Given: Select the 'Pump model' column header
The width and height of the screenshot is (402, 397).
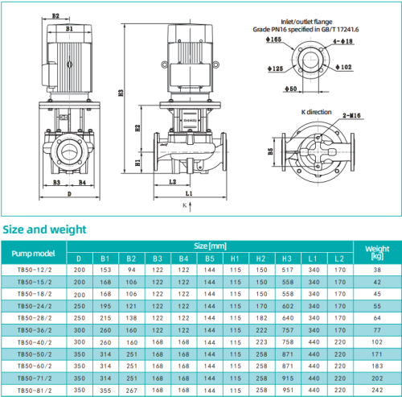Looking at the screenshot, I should [x=33, y=252].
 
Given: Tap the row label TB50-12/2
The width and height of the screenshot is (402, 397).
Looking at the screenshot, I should [x=33, y=271].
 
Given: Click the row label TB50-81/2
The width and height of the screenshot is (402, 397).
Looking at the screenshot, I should [x=33, y=390].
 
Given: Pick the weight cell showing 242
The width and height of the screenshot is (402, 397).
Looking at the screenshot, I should [x=377, y=390].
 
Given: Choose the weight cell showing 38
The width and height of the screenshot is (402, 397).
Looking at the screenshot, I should [x=377, y=271].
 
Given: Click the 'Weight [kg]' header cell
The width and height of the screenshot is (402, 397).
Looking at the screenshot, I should [x=377, y=252].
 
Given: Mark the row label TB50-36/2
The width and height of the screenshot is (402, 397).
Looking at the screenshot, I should [x=33, y=330].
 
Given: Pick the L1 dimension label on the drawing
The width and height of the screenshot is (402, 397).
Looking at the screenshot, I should [x=187, y=194].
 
